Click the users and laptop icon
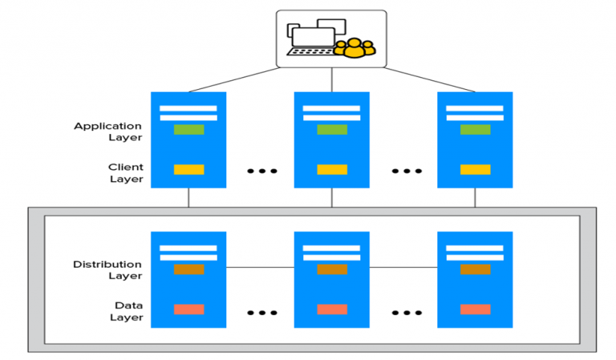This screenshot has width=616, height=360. tap(331, 38)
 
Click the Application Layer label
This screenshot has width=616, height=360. tap(107, 131)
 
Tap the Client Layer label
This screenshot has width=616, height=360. tap(125, 173)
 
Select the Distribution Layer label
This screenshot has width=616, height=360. tap(107, 270)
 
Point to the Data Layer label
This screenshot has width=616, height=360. tap(126, 312)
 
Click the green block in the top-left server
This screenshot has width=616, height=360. tap(188, 129)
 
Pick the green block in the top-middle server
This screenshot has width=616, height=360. tap(331, 129)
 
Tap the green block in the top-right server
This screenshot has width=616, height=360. tap(475, 129)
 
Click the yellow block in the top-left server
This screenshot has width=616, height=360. tap(188, 169)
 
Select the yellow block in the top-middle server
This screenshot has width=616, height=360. tap(331, 169)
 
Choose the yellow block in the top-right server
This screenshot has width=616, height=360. tap(475, 169)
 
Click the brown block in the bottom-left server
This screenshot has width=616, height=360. tap(188, 269)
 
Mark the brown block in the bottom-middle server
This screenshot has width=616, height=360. tap(331, 269)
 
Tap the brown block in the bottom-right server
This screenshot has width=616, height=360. tap(475, 269)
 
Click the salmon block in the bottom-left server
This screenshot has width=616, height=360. tap(188, 309)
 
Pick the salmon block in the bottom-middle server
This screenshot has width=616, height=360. tap(331, 309)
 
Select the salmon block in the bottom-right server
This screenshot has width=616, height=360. tap(475, 309)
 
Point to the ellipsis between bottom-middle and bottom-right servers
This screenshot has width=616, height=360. tap(406, 312)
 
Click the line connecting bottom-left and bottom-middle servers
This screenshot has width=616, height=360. tap(260, 266)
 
